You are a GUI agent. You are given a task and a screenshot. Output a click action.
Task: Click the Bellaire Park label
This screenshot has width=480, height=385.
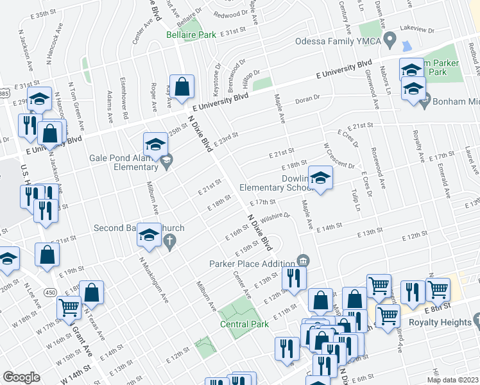click(191, 35)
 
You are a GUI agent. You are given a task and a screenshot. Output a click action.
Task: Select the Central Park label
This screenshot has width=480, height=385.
click(244, 324)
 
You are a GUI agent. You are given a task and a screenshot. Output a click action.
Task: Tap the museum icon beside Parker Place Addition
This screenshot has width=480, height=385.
click(303, 261)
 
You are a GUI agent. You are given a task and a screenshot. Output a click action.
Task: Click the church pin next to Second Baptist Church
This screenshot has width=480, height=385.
click(170, 243)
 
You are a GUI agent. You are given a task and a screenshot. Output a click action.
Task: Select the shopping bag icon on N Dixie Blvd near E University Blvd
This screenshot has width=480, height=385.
click(183, 87)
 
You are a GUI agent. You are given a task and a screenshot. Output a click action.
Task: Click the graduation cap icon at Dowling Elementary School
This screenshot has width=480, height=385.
click(320, 178)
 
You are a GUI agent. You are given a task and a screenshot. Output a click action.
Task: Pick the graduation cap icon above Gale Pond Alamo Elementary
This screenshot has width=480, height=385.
click(155, 144)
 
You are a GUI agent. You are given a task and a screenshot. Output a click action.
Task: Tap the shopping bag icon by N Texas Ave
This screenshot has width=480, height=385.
click(92, 293)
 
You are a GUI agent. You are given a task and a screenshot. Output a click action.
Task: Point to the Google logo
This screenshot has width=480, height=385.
click(22, 377)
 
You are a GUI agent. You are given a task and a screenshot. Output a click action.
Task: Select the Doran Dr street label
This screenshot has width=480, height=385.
click(307, 99)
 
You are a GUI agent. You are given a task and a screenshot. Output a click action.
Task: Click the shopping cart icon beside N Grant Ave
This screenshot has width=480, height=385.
click(69, 307)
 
